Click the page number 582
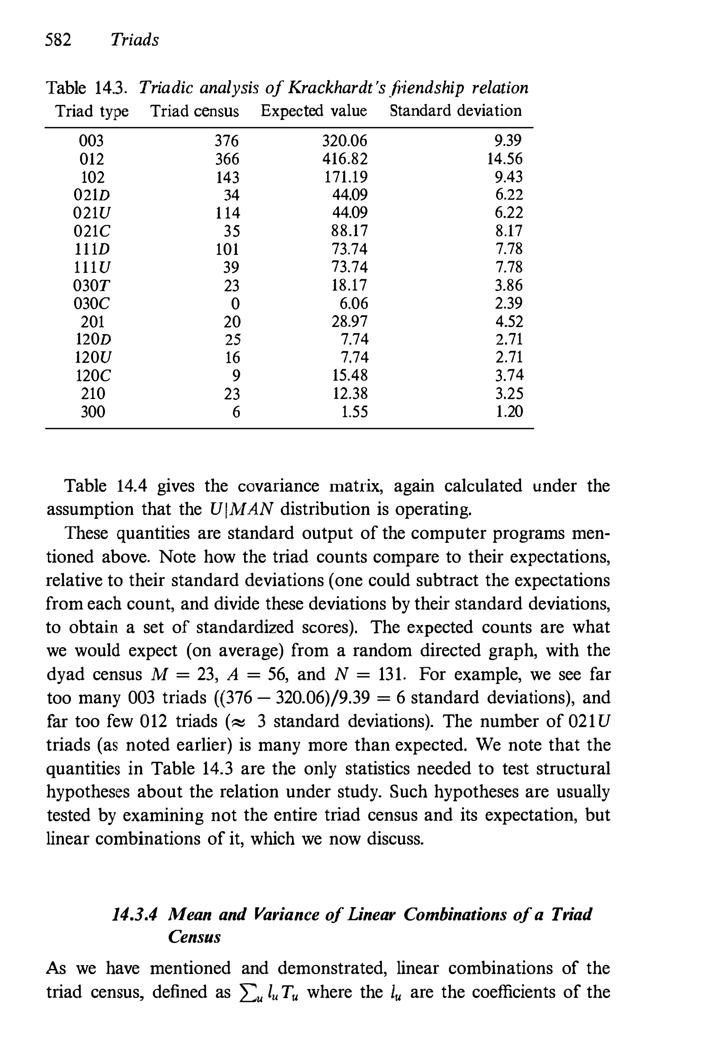click(x=59, y=40)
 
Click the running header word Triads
click(x=135, y=40)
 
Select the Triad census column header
click(x=194, y=111)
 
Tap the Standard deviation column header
click(x=456, y=111)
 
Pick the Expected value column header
click(x=314, y=111)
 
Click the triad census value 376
click(x=226, y=141)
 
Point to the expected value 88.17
click(x=350, y=231)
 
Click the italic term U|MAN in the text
click(x=241, y=510)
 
